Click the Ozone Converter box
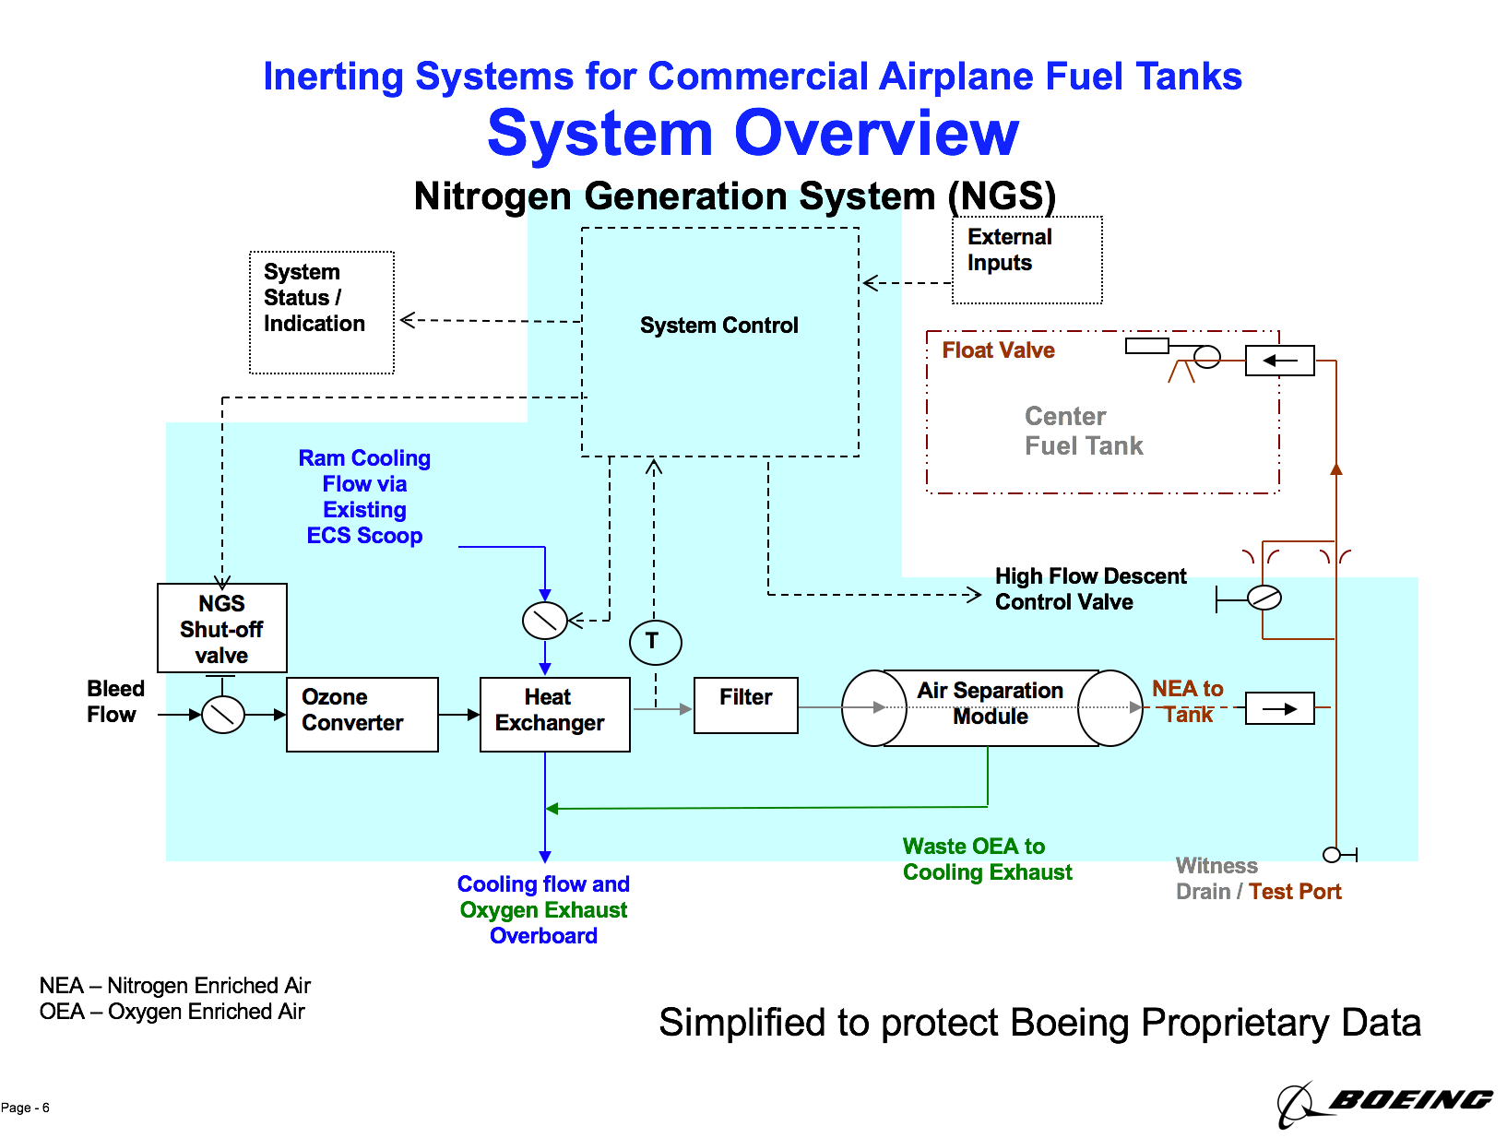(362, 714)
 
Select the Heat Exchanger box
(554, 714)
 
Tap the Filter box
(745, 705)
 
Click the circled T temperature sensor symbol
(655, 642)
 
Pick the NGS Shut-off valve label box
(221, 628)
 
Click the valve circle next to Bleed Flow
(222, 714)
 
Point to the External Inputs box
(1026, 259)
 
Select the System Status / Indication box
(321, 312)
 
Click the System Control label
(718, 326)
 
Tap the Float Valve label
(998, 350)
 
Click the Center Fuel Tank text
(1083, 431)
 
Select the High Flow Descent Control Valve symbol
(1264, 598)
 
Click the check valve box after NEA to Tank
(1279, 708)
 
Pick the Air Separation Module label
(990, 703)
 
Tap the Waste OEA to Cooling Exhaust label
(986, 859)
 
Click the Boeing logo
(1383, 1101)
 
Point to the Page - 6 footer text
(25, 1108)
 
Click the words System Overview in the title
(753, 134)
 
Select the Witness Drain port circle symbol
(1331, 855)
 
